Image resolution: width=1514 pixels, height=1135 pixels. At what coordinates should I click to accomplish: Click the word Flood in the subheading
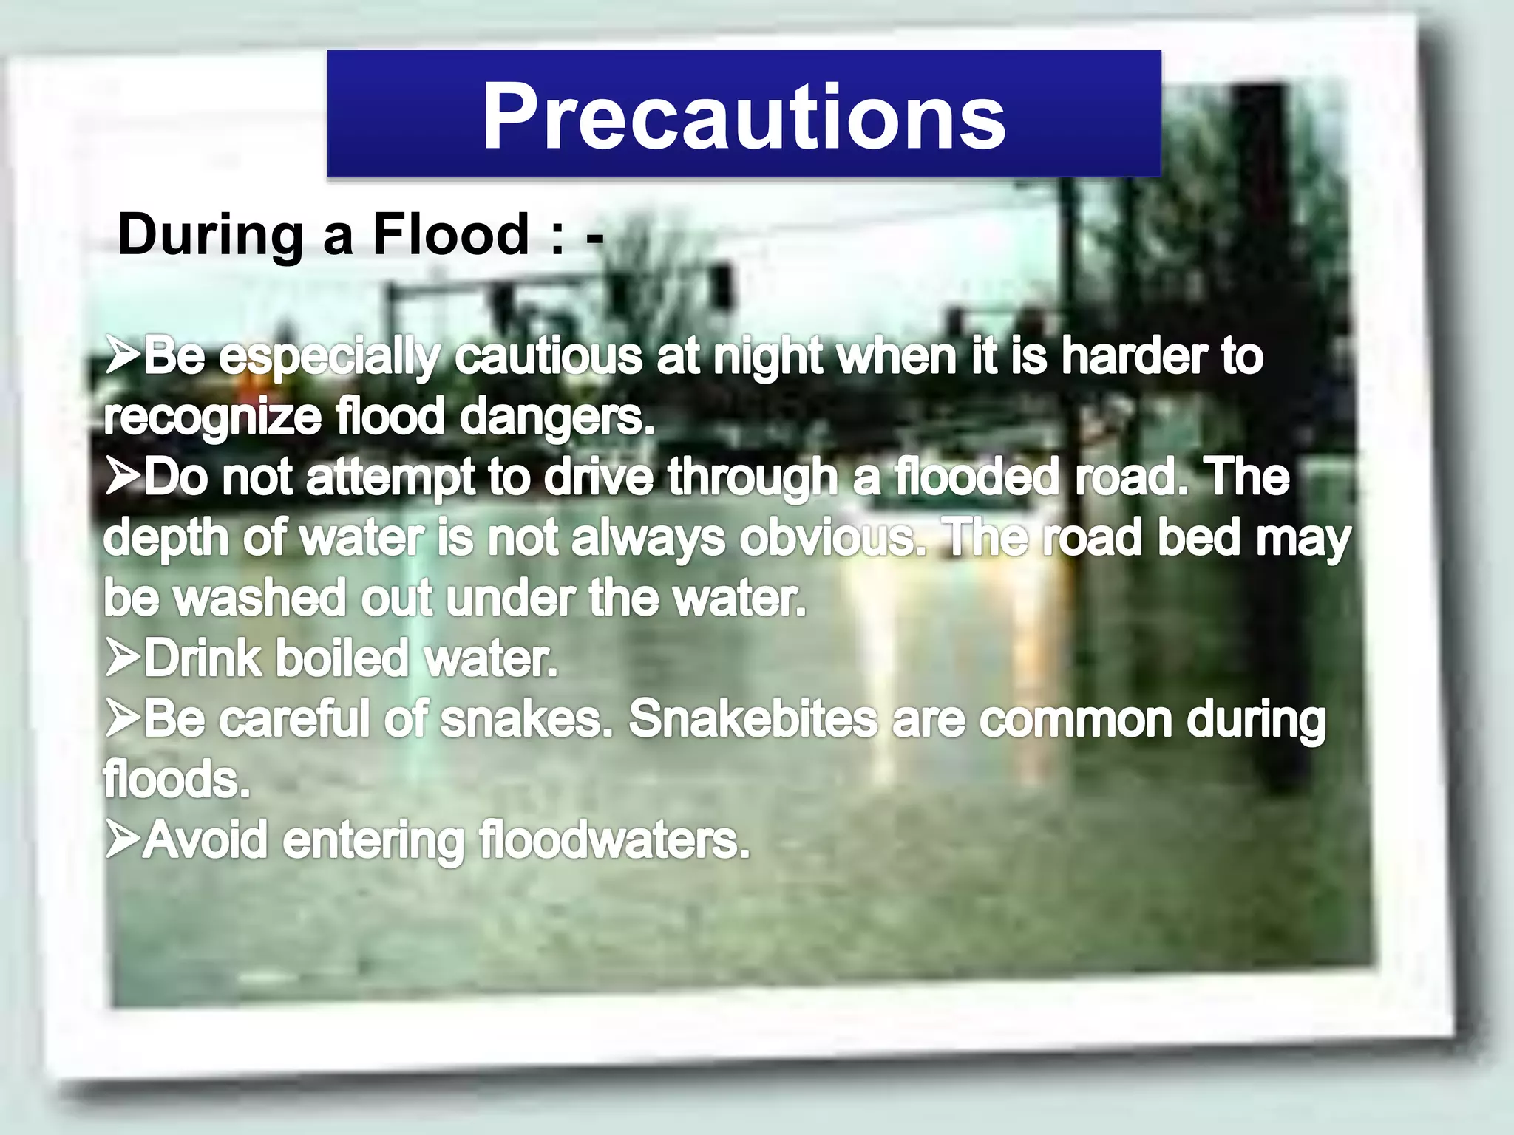(450, 234)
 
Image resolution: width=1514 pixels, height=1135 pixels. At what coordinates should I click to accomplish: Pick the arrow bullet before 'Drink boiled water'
(122, 658)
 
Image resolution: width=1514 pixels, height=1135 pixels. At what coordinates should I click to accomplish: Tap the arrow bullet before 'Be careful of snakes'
(122, 718)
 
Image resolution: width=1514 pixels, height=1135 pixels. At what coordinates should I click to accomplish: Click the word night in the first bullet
(767, 358)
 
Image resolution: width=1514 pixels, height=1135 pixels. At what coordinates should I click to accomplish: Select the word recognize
(212, 418)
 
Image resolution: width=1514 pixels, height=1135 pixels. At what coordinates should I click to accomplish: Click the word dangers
(557, 418)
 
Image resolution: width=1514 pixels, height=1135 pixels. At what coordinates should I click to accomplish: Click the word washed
(259, 599)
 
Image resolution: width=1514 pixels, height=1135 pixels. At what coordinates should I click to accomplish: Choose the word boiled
(342, 658)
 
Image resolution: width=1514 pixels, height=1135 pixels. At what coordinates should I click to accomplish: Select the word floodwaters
(614, 841)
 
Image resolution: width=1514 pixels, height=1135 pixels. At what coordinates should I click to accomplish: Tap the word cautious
(548, 357)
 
